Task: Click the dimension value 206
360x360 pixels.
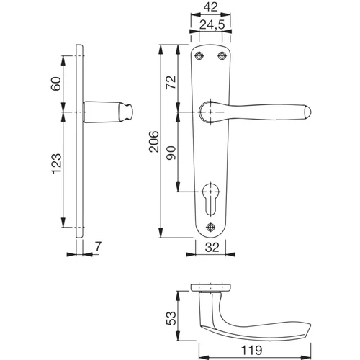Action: (154, 142)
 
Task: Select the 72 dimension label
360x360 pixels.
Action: (171, 82)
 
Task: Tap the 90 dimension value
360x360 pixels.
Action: (171, 153)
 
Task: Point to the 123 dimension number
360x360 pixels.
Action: (57, 163)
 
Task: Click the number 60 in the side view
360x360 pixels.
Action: (56, 84)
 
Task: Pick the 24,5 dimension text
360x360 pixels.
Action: (212, 24)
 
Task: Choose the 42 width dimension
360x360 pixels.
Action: (210, 7)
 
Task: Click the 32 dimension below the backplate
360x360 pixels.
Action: (212, 248)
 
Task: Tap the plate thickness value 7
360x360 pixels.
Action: (98, 246)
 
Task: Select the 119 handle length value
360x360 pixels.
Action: (251, 350)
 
